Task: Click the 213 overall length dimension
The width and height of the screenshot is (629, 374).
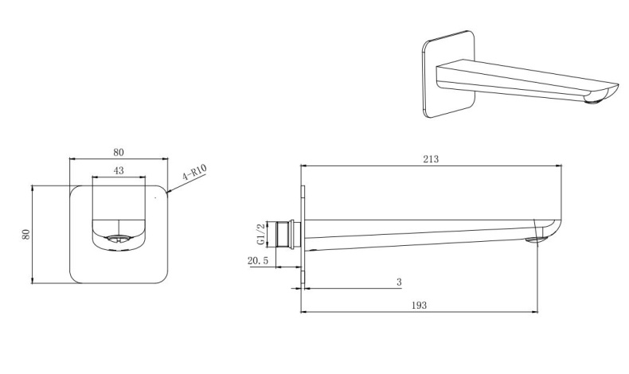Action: (x=431, y=158)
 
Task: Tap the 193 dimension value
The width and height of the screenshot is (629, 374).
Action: (x=419, y=305)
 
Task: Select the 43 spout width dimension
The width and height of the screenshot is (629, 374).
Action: (x=119, y=170)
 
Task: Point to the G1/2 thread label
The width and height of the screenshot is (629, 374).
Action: (x=260, y=234)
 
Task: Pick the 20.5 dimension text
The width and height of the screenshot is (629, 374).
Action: (x=257, y=261)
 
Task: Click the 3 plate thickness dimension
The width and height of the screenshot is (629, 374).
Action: (x=399, y=282)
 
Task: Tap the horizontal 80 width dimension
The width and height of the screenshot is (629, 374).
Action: (x=119, y=152)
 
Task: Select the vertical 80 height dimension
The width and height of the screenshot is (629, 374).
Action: (x=25, y=234)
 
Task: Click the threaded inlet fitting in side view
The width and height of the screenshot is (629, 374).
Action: (x=288, y=235)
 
